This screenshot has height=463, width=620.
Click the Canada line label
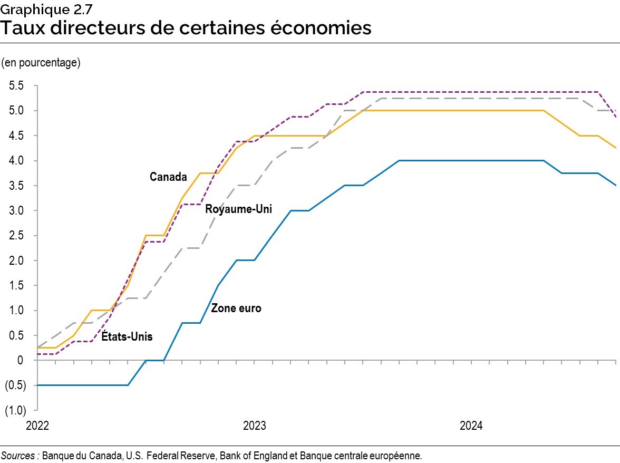pyautogui.click(x=168, y=177)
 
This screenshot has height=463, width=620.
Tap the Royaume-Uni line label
pyautogui.click(x=238, y=209)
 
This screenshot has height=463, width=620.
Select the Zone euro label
pyautogui.click(x=236, y=308)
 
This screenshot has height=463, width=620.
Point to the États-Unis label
pyautogui.click(x=126, y=336)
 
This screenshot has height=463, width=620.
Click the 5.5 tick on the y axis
pyautogui.click(x=16, y=86)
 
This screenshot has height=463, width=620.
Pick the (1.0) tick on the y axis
pyautogui.click(x=15, y=410)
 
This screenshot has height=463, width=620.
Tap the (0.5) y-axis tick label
pyautogui.click(x=15, y=385)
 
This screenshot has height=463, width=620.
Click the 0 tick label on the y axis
pyautogui.click(x=20, y=361)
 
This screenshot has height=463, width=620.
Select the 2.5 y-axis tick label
pyautogui.click(x=16, y=236)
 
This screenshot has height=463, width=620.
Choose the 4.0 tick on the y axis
pyautogui.click(x=16, y=161)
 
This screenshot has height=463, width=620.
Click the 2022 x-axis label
pyautogui.click(x=37, y=426)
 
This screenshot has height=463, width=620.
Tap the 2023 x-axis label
pyautogui.click(x=254, y=426)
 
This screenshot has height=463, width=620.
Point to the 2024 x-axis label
pyautogui.click(x=471, y=426)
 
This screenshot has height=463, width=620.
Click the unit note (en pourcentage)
pyautogui.click(x=41, y=63)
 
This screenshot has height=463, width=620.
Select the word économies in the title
pyautogui.click(x=316, y=27)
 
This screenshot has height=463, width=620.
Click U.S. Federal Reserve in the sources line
pyautogui.click(x=169, y=455)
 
